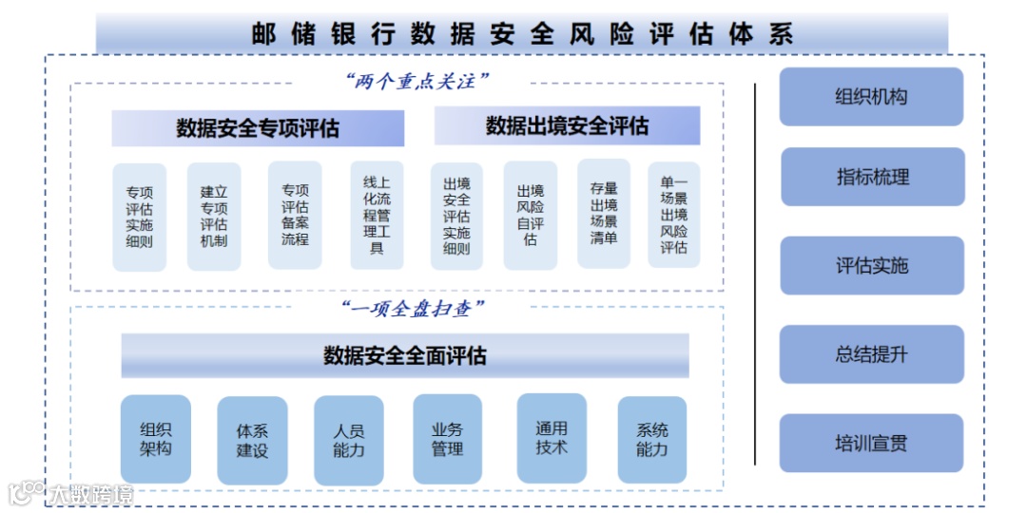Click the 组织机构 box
click(x=871, y=97)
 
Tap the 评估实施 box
click(x=872, y=266)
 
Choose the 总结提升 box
click(x=872, y=354)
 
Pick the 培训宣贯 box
click(x=871, y=444)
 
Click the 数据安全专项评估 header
click(x=258, y=128)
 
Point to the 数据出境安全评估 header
click(x=567, y=126)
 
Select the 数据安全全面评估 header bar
click(x=405, y=355)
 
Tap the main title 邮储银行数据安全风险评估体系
click(x=522, y=34)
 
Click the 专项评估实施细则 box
click(x=140, y=218)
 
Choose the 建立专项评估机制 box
click(x=214, y=218)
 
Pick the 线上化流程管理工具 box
click(x=377, y=215)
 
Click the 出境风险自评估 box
click(x=531, y=216)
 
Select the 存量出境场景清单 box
click(x=604, y=214)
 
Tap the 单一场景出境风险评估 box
click(x=674, y=215)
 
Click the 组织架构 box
click(x=156, y=439)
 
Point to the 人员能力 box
click(x=349, y=441)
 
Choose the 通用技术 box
click(x=552, y=438)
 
